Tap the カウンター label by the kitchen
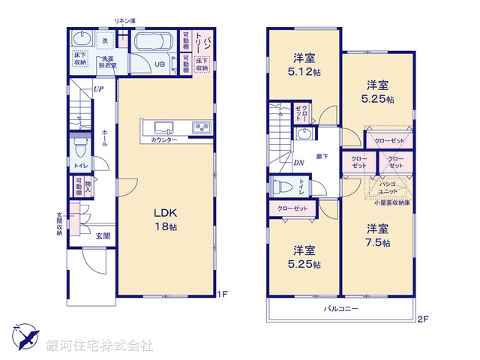coord(163,140)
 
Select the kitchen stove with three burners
coord(202,127)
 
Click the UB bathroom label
coord(160,64)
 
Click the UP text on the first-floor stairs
coord(98,90)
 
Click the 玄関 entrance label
coord(103,235)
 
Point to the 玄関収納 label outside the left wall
coord(60,225)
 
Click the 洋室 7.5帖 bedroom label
coord(377,235)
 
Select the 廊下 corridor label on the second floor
coord(322,156)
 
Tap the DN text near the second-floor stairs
coord(298,163)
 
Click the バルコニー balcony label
coord(340,309)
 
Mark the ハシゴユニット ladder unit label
coord(388,187)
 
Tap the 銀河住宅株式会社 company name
coord(100,346)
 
